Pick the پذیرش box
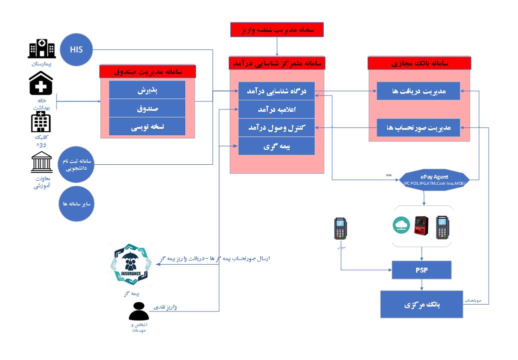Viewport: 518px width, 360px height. pyautogui.click(x=147, y=90)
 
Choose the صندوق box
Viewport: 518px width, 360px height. pyautogui.click(x=147, y=108)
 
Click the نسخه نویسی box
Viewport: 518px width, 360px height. pyautogui.click(x=147, y=127)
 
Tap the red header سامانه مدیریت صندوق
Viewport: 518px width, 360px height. pyautogui.click(x=147, y=72)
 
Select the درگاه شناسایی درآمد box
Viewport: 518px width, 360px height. pyautogui.click(x=276, y=91)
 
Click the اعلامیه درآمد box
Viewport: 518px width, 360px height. pyautogui.click(x=276, y=109)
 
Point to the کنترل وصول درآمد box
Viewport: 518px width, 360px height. pyautogui.click(x=276, y=127)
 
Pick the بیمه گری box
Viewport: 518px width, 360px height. pyautogui.click(x=276, y=146)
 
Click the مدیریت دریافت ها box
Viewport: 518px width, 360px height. pyautogui.click(x=419, y=91)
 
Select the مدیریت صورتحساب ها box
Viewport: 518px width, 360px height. pyautogui.click(x=419, y=127)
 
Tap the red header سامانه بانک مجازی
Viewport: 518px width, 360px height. pyautogui.click(x=420, y=63)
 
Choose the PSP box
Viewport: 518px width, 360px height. pyautogui.click(x=422, y=270)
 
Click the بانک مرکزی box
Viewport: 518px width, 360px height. pyautogui.click(x=422, y=304)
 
